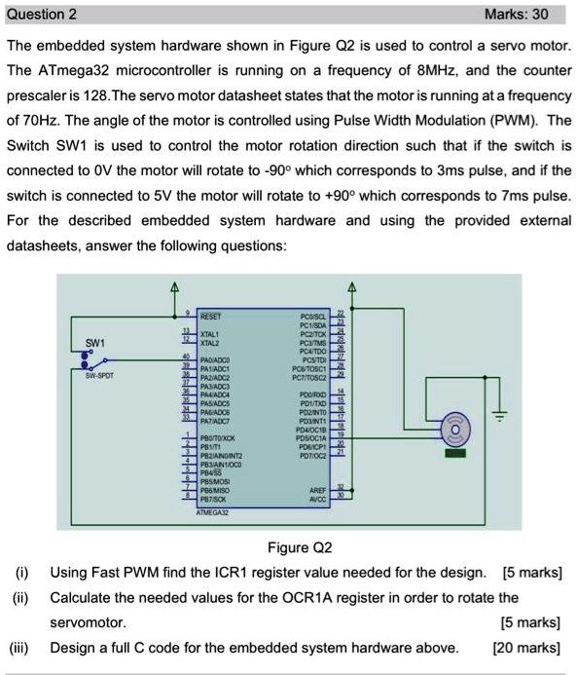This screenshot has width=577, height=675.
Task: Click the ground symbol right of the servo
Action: click(501, 390)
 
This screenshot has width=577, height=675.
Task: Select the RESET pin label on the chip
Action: click(211, 317)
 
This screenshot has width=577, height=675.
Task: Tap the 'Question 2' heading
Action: click(43, 15)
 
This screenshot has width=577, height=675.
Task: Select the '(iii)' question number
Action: click(20, 648)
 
